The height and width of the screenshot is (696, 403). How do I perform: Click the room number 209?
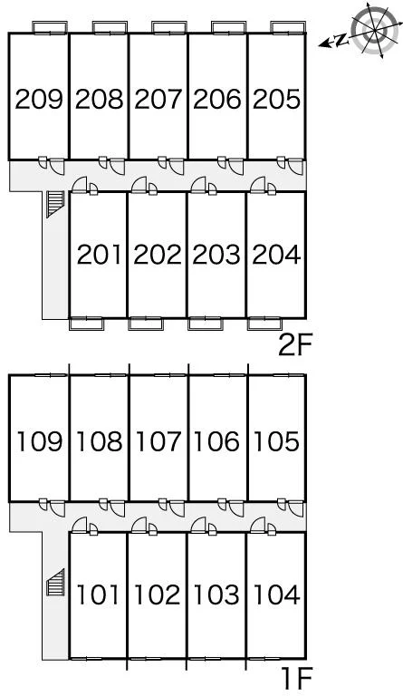(39, 100)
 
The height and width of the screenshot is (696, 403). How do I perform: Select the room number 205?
(276, 100)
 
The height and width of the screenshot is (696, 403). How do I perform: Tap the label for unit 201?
(99, 255)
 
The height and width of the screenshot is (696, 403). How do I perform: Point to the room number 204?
(276, 255)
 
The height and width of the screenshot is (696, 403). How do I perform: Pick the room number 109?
(39, 441)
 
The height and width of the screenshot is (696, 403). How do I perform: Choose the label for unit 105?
(276, 441)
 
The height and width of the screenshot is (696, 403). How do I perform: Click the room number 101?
(99, 594)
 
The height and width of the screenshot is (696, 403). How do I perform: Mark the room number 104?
(276, 594)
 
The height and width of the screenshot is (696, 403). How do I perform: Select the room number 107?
(158, 441)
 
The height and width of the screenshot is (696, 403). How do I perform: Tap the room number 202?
(158, 255)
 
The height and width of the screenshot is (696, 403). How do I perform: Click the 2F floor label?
(296, 345)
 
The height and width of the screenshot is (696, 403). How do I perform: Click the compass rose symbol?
(374, 30)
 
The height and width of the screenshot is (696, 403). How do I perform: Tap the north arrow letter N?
(341, 41)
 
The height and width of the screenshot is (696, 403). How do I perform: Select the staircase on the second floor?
(55, 204)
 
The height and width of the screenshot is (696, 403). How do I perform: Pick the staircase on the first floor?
(55, 582)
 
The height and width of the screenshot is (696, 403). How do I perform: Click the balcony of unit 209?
(50, 27)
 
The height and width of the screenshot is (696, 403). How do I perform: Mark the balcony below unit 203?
(205, 324)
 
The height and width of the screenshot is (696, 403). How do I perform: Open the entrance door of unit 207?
(176, 166)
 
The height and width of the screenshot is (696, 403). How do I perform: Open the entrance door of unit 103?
(198, 525)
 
